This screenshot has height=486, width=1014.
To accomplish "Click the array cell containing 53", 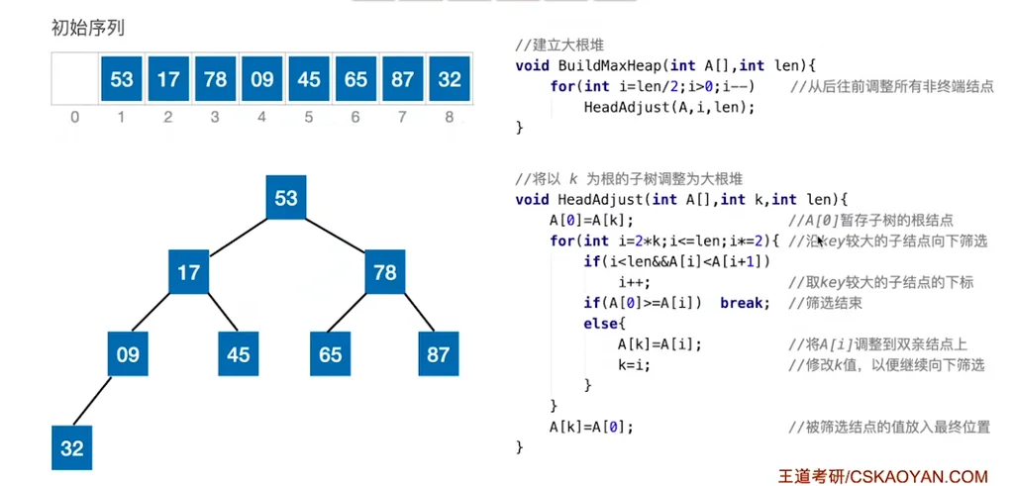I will pyautogui.click(x=122, y=78).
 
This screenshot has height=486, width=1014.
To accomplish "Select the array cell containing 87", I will pyautogui.click(x=402, y=78).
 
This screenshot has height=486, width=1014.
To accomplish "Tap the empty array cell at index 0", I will pyautogui.click(x=74, y=78).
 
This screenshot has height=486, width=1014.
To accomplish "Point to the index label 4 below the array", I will pyautogui.click(x=261, y=118).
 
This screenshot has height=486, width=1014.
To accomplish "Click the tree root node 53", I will pyautogui.click(x=286, y=198).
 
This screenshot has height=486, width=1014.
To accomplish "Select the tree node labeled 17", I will pyautogui.click(x=188, y=271).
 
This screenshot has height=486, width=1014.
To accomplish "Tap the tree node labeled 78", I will pyautogui.click(x=385, y=271).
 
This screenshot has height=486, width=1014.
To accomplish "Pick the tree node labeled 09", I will pyautogui.click(x=128, y=352).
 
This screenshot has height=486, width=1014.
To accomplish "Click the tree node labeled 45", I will pyautogui.click(x=239, y=352).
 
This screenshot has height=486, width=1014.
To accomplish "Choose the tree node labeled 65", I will pyautogui.click(x=331, y=352).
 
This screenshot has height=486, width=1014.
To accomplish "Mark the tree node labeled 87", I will pyautogui.click(x=439, y=352).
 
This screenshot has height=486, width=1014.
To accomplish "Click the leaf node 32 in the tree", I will pyautogui.click(x=72, y=447).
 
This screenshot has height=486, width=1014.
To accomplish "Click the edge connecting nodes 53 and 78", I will pyautogui.click(x=336, y=235).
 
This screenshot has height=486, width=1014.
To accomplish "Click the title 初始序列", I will pyautogui.click(x=87, y=28).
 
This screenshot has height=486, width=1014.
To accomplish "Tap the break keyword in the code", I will pyautogui.click(x=745, y=302).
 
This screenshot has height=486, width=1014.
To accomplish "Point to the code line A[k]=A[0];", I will pyautogui.click(x=590, y=427).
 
